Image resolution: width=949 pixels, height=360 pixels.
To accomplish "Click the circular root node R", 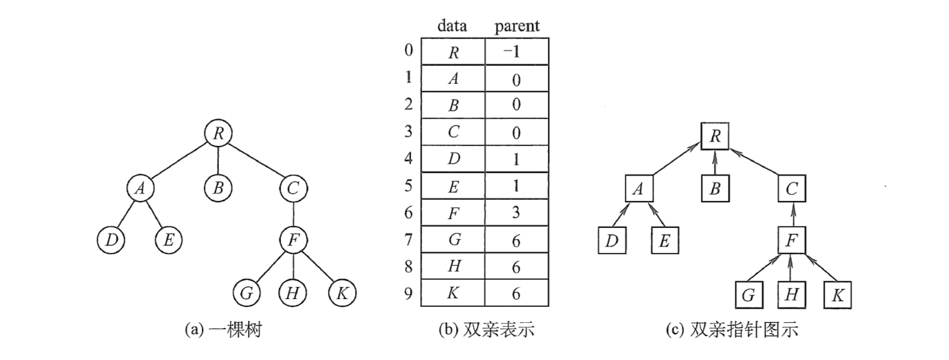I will pos(218,134).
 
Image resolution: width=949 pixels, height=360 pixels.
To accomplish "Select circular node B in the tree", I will pos(218,188).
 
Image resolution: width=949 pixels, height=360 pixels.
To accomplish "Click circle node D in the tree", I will pos(111,240).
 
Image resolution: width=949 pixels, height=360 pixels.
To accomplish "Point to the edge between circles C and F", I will pos(293,214).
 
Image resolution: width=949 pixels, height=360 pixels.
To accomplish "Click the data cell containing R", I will pos(452,53).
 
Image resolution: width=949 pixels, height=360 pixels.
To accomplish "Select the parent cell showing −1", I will pos(516,53).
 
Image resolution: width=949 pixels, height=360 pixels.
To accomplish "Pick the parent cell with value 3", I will pos(516,213).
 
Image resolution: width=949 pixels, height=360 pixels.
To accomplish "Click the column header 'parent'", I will pos(517,27).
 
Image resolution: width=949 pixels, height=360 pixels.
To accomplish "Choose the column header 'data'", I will pos(452,27).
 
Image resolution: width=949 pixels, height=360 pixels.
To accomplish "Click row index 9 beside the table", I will pos(409,293).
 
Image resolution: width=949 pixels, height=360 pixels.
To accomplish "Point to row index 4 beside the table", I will pos(409,158).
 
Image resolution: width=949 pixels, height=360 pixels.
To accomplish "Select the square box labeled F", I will pos(792,241).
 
